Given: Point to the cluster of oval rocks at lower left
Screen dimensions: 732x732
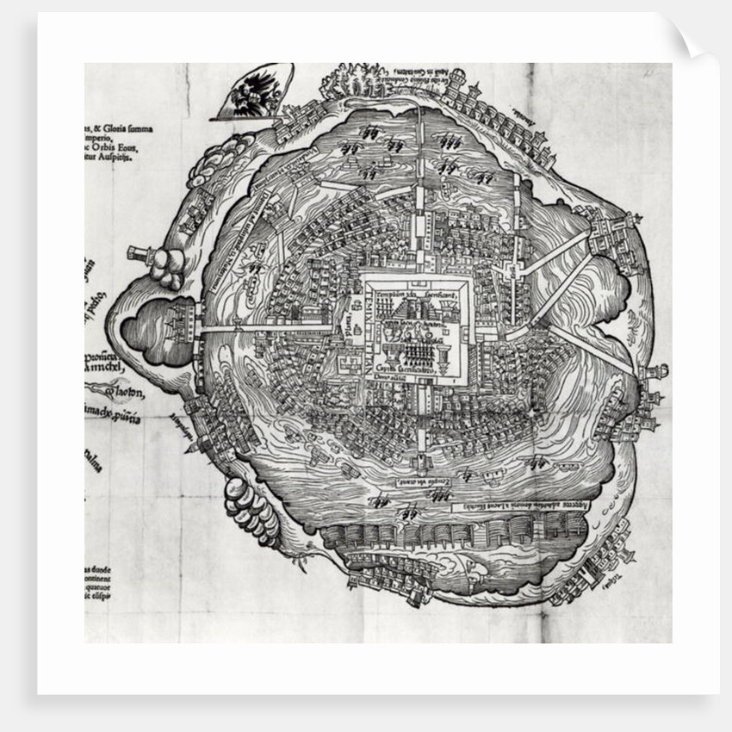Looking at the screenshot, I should click(x=251, y=509).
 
